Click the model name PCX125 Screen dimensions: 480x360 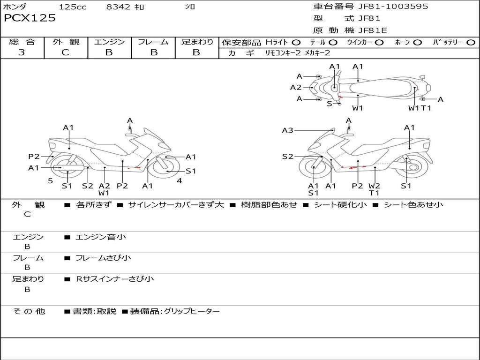[x=30, y=18]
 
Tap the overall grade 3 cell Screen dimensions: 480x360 [x=22, y=52]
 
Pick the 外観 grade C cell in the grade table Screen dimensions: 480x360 [x=65, y=52]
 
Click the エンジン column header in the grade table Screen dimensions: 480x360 [x=109, y=42]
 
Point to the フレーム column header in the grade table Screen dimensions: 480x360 [x=153, y=42]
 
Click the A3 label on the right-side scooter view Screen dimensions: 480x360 [x=287, y=130]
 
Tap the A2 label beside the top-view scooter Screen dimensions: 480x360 [x=296, y=87]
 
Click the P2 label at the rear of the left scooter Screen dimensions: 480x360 [x=34, y=157]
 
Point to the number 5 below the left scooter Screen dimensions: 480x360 [x=50, y=180]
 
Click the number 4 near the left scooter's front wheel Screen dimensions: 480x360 [x=179, y=180]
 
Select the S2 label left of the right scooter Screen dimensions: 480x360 [x=287, y=157]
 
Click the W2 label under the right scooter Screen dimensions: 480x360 [x=374, y=186]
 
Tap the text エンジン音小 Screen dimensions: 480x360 [x=101, y=237]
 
